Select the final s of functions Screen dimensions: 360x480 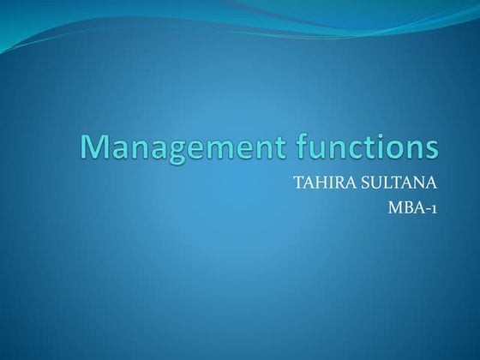[430, 150]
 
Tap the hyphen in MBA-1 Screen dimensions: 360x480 [427, 207]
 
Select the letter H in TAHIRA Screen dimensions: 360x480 [318, 183]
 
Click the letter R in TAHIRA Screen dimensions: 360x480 [337, 183]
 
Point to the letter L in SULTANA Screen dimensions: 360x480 [393, 183]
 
